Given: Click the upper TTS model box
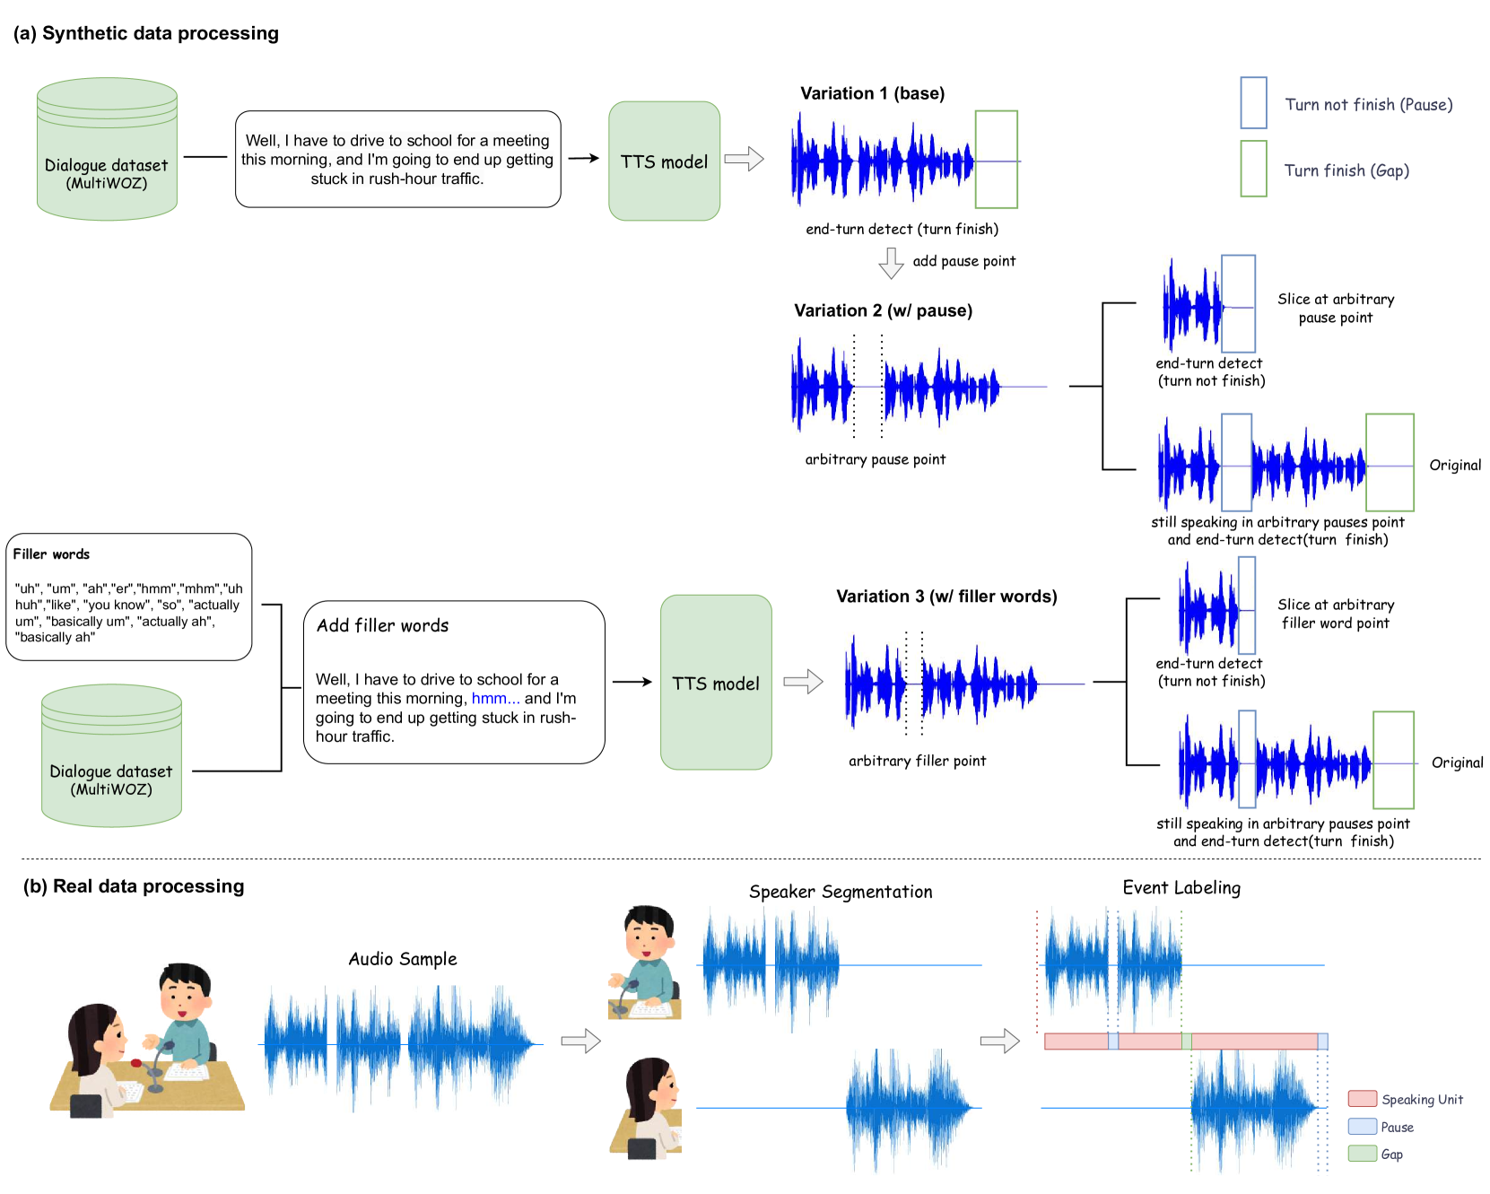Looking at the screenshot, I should pyautogui.click(x=664, y=161).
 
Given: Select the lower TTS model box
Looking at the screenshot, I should pyautogui.click(x=716, y=683).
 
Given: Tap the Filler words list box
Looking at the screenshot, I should pyautogui.click(x=128, y=597).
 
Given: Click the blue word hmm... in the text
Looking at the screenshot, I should pyautogui.click(x=495, y=699).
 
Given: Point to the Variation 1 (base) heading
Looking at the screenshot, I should pyautogui.click(x=872, y=93).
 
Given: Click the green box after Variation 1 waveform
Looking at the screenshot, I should pyautogui.click(x=996, y=160).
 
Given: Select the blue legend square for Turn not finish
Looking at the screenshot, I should pyautogui.click(x=1253, y=103).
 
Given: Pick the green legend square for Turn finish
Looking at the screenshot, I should pyautogui.click(x=1253, y=169).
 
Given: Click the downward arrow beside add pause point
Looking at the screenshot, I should pyautogui.click(x=891, y=263).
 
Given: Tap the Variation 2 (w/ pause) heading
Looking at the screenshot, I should pyautogui.click(x=883, y=310).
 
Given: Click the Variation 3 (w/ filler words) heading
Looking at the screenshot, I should pyautogui.click(x=946, y=597).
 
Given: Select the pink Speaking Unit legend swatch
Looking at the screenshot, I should pyautogui.click(x=1362, y=1099).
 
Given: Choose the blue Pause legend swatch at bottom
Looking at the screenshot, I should pyautogui.click(x=1362, y=1127).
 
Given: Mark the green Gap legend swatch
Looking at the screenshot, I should pyautogui.click(x=1362, y=1154).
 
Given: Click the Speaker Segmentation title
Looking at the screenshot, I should pyautogui.click(x=841, y=892).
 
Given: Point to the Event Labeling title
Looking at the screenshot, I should pyautogui.click(x=1181, y=888).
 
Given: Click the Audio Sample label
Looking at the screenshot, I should pyautogui.click(x=403, y=959).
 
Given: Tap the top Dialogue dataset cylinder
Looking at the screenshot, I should pyautogui.click(x=107, y=150).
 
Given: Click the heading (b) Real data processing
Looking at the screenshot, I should pyautogui.click(x=134, y=886).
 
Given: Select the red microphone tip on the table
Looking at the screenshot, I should pyautogui.click(x=136, y=1063).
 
